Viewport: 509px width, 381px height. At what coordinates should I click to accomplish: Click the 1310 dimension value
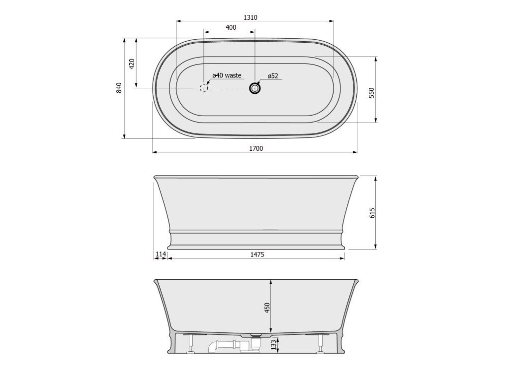[251, 17]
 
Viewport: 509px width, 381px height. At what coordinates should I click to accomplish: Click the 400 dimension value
[231, 28]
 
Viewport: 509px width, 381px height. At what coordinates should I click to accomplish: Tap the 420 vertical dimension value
[131, 64]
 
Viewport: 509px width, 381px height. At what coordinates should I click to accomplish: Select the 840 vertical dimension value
[119, 88]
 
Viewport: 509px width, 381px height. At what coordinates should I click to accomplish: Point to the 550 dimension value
[372, 93]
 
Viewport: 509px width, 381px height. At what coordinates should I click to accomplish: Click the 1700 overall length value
[256, 149]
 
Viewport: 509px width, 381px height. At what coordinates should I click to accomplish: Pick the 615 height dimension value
[372, 213]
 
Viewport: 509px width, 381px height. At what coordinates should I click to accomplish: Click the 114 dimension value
[161, 254]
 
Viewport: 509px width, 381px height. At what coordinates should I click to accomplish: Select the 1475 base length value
[257, 254]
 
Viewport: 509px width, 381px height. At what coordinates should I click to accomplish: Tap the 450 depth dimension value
[267, 308]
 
